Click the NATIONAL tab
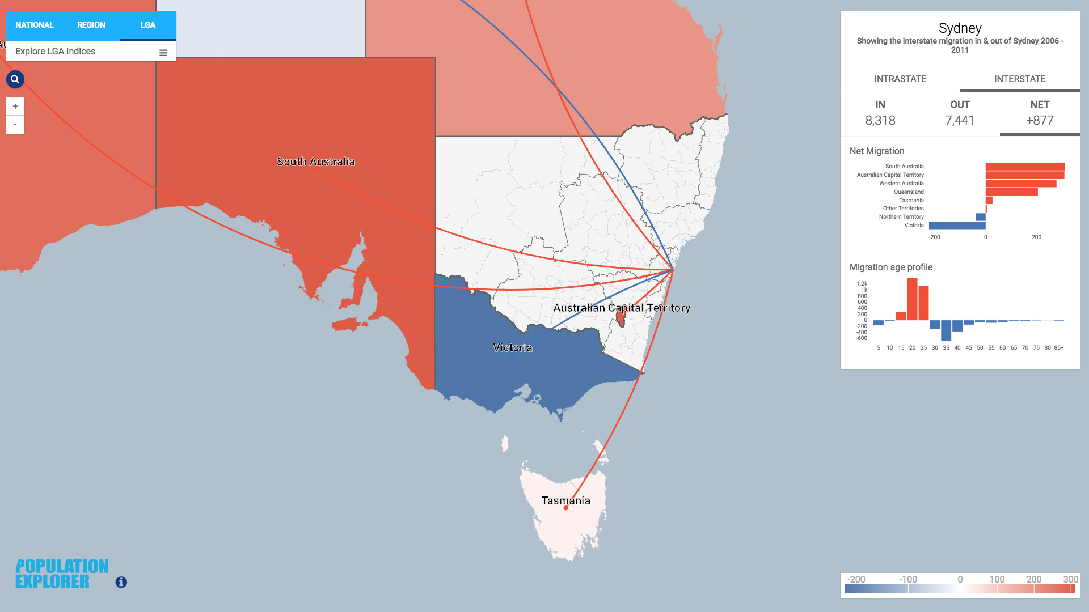(35, 25)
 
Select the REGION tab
(91, 25)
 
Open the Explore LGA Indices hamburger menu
(163, 53)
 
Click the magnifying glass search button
(15, 79)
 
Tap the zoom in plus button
(15, 107)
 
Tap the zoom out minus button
(15, 125)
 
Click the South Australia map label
(316, 161)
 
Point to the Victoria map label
(513, 347)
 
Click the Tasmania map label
(565, 500)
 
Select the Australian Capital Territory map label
(622, 308)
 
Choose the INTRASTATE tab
(900, 79)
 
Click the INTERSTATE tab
(1020, 79)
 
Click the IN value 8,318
(880, 120)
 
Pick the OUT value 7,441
(960, 120)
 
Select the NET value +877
(1040, 120)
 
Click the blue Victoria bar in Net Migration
(957, 226)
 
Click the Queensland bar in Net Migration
(1011, 192)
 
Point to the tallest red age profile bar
(912, 299)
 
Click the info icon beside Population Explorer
(121, 582)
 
